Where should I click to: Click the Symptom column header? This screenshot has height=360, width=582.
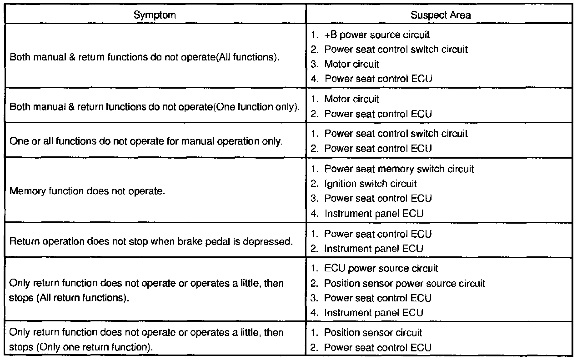pyautogui.click(x=155, y=15)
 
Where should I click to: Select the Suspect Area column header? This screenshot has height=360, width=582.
pyautogui.click(x=441, y=15)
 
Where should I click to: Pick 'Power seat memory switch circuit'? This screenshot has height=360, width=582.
pyautogui.click(x=399, y=169)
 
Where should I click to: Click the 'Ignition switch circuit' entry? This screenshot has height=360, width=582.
pyautogui.click(x=370, y=184)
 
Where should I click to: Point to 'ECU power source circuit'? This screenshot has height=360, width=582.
pyautogui.click(x=381, y=269)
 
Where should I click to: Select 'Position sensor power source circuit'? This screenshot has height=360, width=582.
pyautogui.click(x=405, y=284)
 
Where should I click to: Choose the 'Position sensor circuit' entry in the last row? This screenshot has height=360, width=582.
pyautogui.click(x=373, y=333)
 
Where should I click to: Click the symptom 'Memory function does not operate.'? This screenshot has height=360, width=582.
pyautogui.click(x=87, y=190)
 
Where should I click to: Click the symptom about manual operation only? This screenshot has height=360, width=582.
pyautogui.click(x=146, y=141)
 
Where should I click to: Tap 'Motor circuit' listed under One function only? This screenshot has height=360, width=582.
pyautogui.click(x=351, y=99)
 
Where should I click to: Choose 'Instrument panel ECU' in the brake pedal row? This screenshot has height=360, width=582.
pyautogui.click(x=373, y=249)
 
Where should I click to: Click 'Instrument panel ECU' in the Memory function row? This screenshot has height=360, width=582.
pyautogui.click(x=373, y=213)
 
